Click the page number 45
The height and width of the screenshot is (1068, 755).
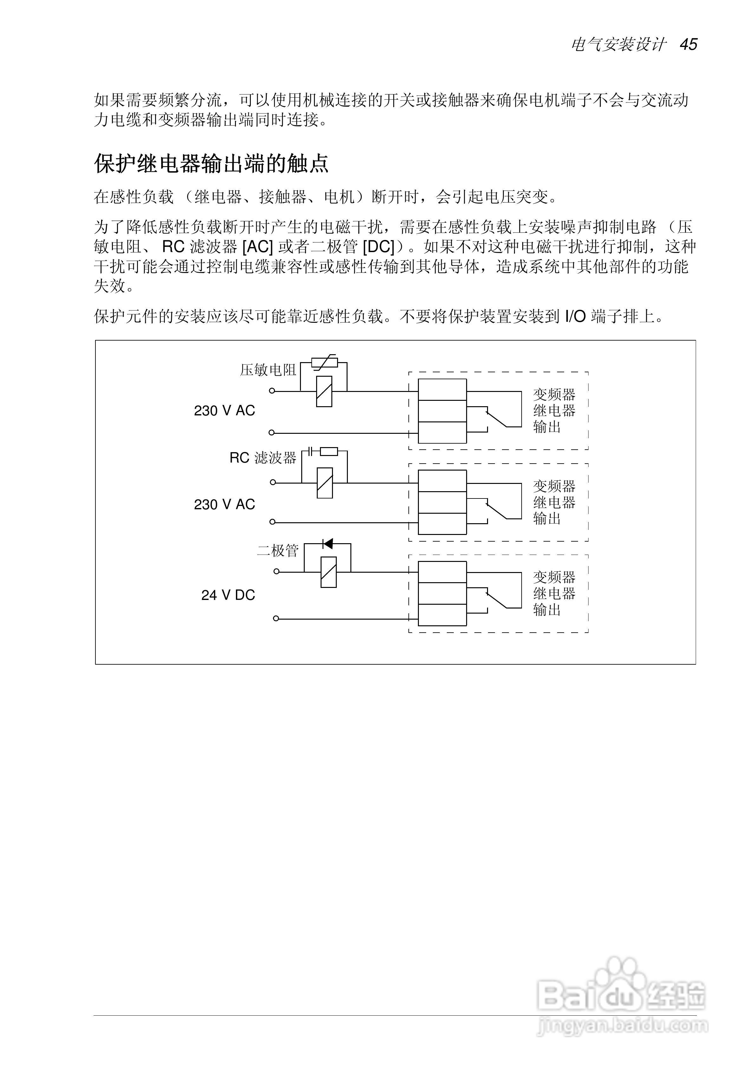tap(688, 45)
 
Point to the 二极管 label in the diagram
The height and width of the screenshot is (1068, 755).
tap(278, 551)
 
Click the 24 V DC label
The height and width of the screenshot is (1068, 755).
tap(228, 595)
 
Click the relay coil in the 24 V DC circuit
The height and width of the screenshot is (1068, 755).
tap(329, 572)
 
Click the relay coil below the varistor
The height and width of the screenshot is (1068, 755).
tap(324, 391)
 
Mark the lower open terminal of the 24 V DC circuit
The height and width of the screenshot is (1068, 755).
tap(276, 618)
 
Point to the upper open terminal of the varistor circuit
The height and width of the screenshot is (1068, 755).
tap(272, 391)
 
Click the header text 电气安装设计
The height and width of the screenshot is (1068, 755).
tap(619, 45)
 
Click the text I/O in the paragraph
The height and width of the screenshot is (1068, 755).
tap(576, 317)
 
